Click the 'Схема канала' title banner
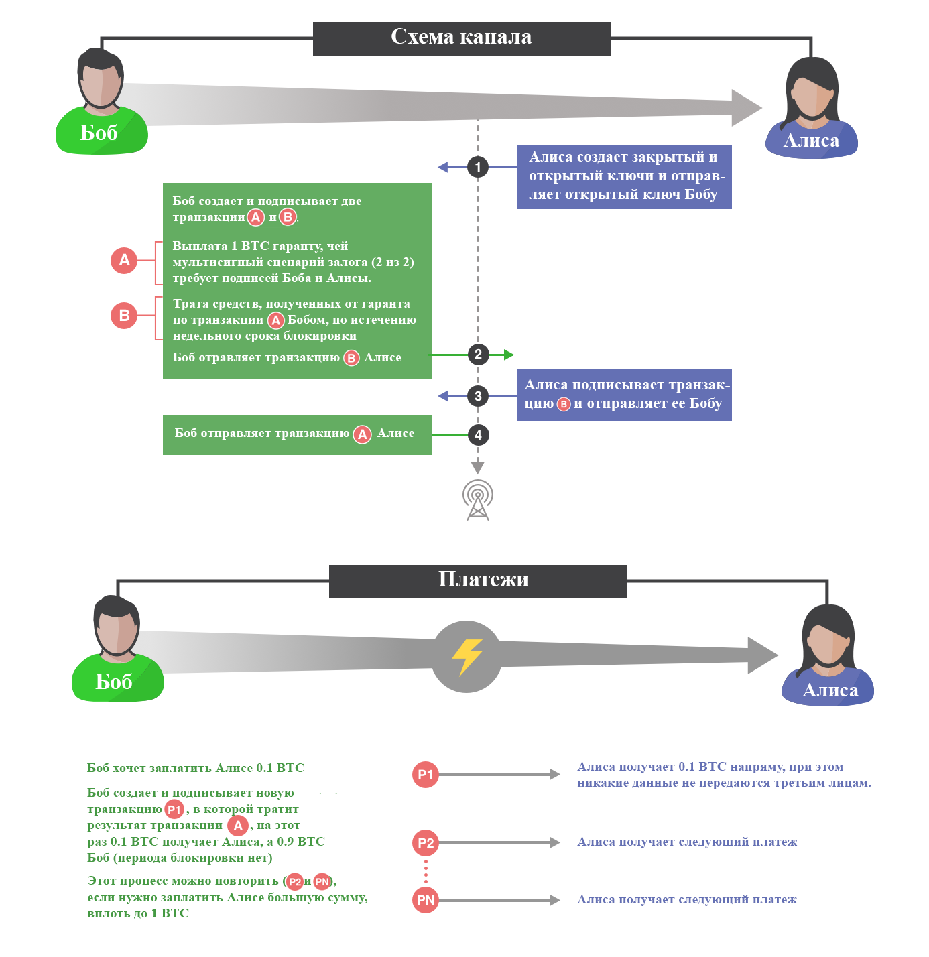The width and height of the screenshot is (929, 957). coord(461,38)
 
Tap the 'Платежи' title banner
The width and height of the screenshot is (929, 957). coord(477,582)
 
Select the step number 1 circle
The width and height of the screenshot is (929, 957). coord(477,167)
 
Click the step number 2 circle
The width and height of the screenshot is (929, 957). coord(478,355)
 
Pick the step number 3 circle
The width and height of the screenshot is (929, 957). coord(478,396)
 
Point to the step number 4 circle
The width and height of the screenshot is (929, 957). coord(478,435)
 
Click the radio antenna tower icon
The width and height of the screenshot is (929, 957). coord(477,500)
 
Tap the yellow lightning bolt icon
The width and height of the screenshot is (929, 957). coord(467,657)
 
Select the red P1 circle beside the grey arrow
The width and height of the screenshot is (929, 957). coord(426,775)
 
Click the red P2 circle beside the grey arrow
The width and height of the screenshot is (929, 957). coord(426,843)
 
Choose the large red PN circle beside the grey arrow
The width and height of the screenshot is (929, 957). coord(426,901)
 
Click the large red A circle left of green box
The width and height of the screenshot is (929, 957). coord(124,260)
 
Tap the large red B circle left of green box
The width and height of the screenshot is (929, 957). coord(124,316)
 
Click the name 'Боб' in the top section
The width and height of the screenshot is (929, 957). coord(99,133)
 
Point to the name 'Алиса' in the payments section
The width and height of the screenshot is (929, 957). coord(830,690)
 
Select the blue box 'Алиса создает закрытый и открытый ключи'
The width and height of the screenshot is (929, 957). coord(625,177)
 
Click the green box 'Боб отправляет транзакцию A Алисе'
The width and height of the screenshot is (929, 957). coord(298,435)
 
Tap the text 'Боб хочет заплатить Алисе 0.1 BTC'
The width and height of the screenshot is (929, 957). coord(196,768)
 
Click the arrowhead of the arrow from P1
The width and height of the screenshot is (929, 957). coord(555,775)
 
